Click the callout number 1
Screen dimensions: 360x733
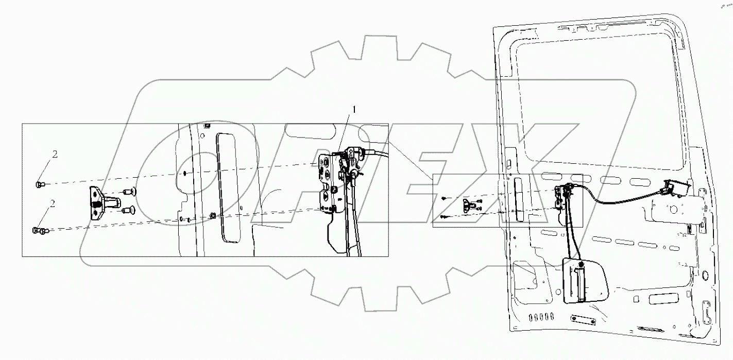354,109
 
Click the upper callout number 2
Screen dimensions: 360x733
55,153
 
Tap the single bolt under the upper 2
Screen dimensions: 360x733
40,184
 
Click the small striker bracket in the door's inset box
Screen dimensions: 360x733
470,205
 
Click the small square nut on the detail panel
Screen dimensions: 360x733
213,215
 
